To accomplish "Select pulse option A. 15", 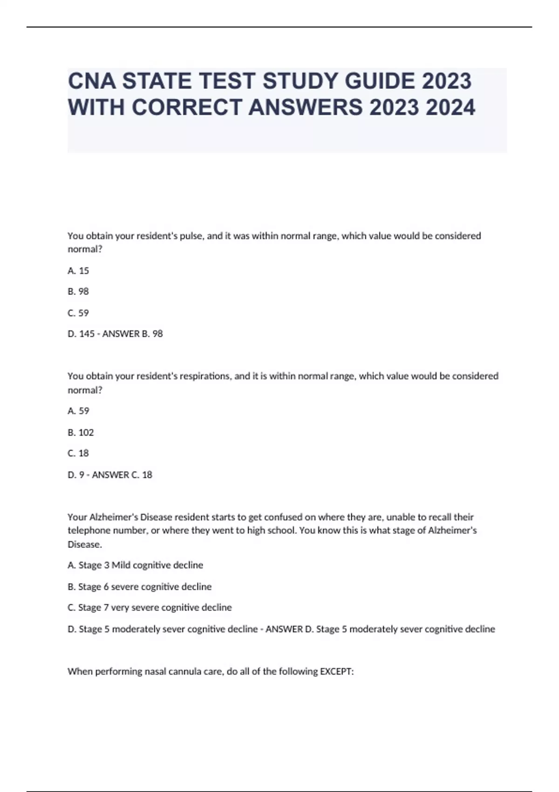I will (78, 271).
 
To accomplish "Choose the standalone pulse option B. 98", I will (78, 292).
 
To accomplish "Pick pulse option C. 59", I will (78, 313).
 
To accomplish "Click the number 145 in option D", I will (87, 334).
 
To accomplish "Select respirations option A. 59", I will (78, 411).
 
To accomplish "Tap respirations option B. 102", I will (81, 432).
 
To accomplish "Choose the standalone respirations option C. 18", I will (78, 453).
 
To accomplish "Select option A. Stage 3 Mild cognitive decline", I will (135, 565).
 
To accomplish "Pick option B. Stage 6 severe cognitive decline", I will (139, 587).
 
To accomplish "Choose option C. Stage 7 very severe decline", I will (150, 608).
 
